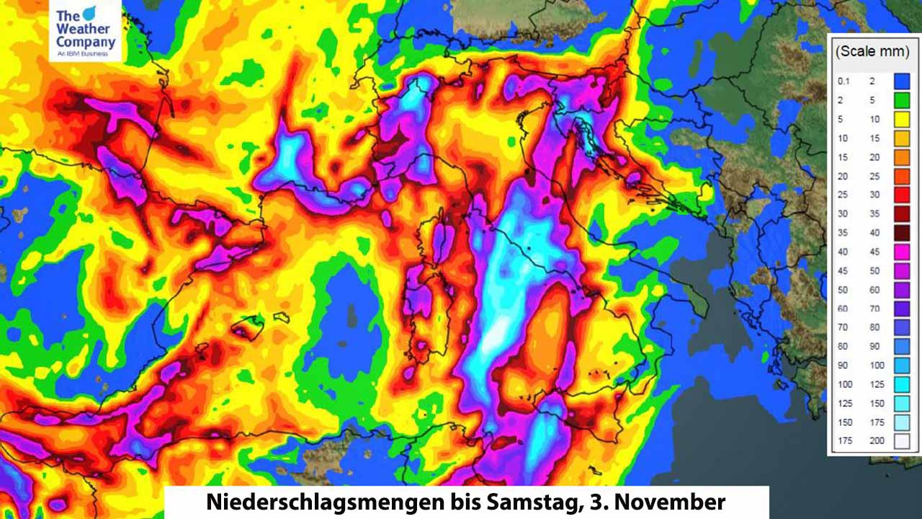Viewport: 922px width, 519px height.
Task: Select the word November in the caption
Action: [x=669, y=502]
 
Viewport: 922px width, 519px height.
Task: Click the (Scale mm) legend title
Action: [x=872, y=52]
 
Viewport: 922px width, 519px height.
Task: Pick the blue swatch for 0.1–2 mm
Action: [x=902, y=81]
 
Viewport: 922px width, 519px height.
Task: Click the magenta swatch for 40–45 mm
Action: [x=902, y=252]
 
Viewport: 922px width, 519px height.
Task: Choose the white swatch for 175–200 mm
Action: [x=902, y=441]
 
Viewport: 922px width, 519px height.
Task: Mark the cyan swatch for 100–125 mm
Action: [x=902, y=384]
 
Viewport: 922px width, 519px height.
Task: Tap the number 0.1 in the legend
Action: [x=843, y=81]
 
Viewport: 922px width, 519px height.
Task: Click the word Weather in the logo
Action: [x=83, y=29]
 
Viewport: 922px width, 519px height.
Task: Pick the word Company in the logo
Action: [x=85, y=42]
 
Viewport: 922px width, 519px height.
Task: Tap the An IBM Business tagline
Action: [x=82, y=53]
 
